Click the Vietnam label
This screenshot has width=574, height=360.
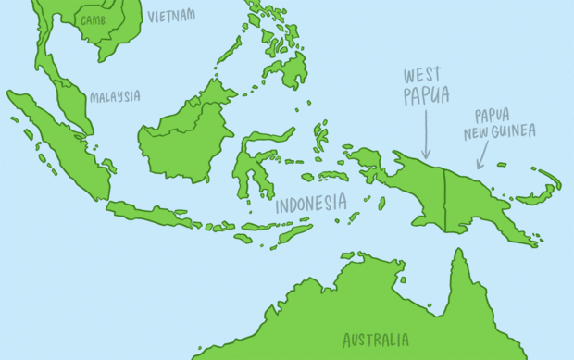[x=171, y=16]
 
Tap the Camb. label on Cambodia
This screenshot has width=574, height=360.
[x=94, y=19]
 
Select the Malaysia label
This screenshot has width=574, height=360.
[x=115, y=96]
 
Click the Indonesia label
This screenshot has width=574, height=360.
[x=311, y=203]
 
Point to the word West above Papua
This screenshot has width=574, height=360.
[x=421, y=75]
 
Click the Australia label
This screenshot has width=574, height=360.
[x=375, y=340]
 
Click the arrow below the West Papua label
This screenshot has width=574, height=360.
[x=425, y=133]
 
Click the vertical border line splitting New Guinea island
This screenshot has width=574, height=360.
[x=444, y=200]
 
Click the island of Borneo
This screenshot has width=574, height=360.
[x=185, y=134]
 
